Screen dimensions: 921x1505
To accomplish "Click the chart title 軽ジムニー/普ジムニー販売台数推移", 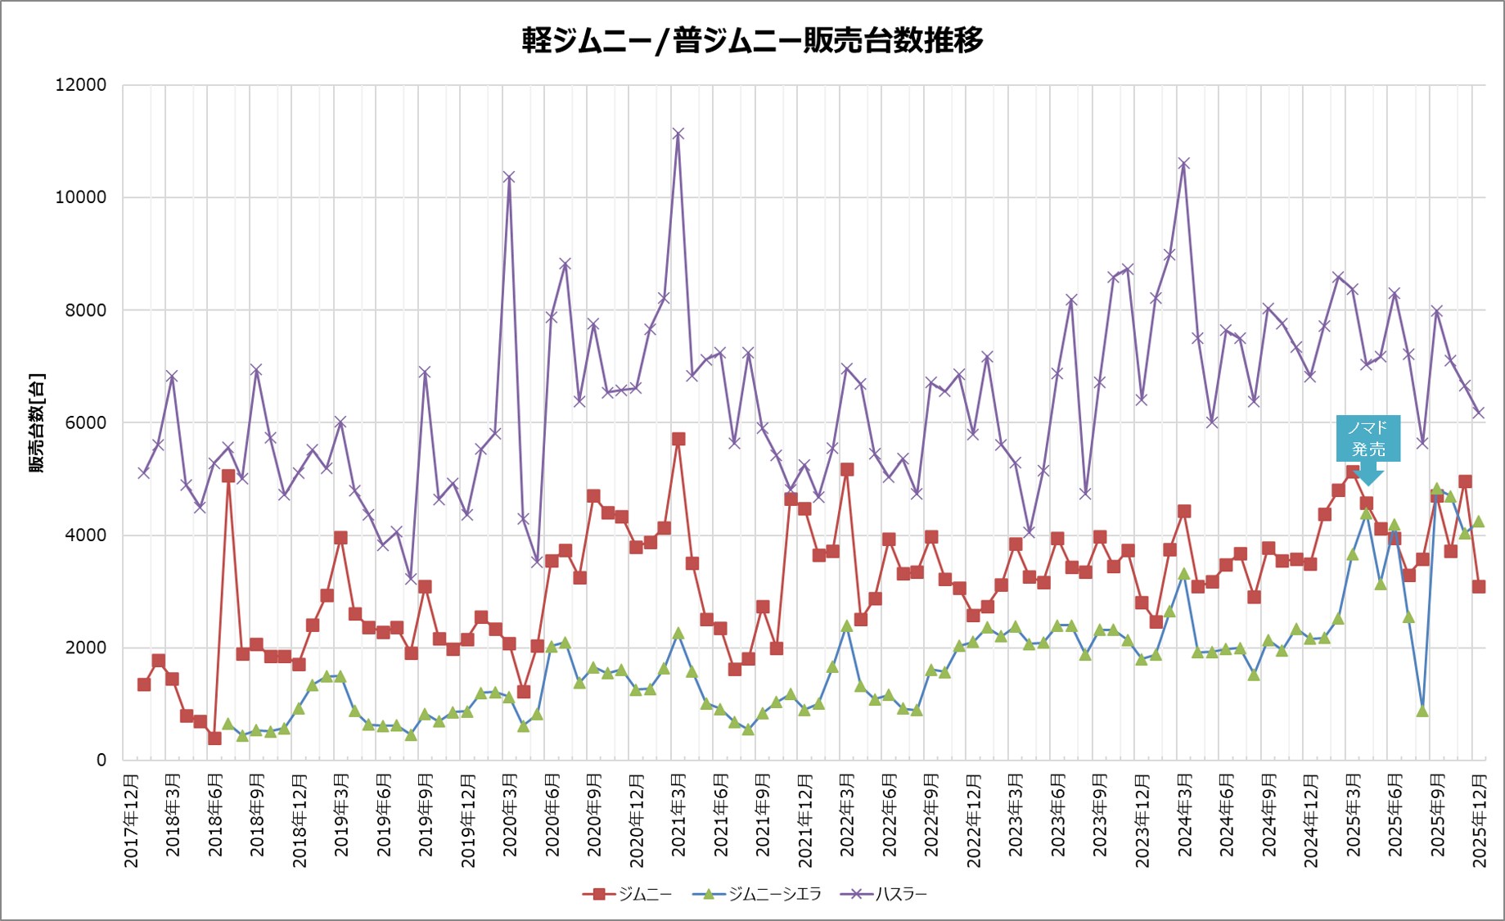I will pyautogui.click(x=752, y=39).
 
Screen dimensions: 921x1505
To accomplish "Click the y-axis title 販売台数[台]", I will pyautogui.click(x=37, y=422).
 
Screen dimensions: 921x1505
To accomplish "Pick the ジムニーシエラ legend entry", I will pyautogui.click(x=756, y=894).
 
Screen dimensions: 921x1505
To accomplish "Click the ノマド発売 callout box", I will pyautogui.click(x=1368, y=439).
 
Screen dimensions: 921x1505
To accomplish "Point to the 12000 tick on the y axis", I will pyautogui.click(x=80, y=85).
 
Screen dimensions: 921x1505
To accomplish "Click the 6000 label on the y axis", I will pyautogui.click(x=85, y=422).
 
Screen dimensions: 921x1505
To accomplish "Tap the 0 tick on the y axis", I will pyautogui.click(x=101, y=760).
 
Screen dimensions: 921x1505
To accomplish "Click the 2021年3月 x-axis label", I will pyautogui.click(x=678, y=815).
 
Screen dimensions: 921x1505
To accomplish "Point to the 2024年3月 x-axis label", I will pyautogui.click(x=1184, y=815).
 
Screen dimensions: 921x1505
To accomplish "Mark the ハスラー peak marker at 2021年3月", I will pyautogui.click(x=678, y=133).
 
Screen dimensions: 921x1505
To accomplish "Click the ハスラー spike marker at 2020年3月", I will pyautogui.click(x=509, y=177).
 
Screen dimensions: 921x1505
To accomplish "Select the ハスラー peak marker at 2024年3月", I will pyautogui.click(x=1183, y=164).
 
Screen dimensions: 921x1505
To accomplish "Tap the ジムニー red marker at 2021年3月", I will pyautogui.click(x=678, y=439).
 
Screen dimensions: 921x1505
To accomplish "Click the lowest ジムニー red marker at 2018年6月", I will pyautogui.click(x=214, y=738).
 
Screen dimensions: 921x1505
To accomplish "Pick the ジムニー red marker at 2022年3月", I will pyautogui.click(x=847, y=470).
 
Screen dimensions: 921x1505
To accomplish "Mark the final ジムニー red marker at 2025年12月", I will pyautogui.click(x=1479, y=587).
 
